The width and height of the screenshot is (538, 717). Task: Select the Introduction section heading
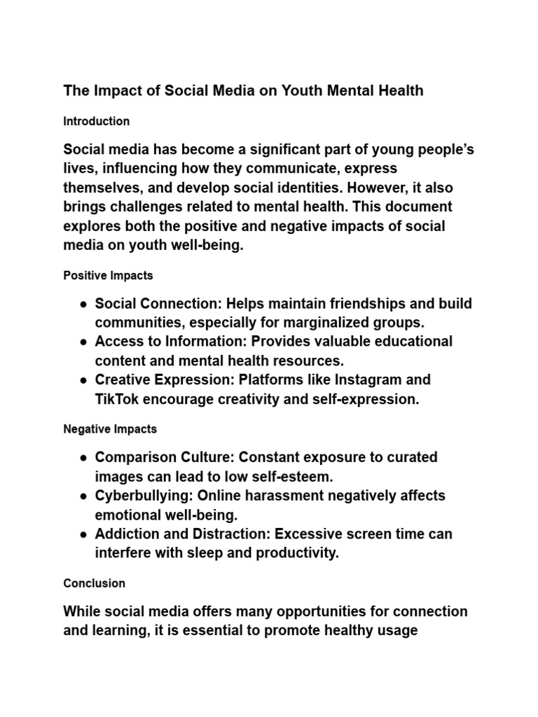point(96,121)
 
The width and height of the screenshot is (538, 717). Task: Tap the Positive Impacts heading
point(108,275)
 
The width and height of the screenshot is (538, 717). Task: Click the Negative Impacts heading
point(110,429)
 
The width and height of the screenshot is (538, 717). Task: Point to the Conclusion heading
point(94,583)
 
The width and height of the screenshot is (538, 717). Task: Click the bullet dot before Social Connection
point(83,305)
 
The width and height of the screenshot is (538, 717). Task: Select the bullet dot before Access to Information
point(83,342)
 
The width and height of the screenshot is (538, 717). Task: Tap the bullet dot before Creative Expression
point(83,381)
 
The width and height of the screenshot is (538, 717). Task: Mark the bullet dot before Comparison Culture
point(83,458)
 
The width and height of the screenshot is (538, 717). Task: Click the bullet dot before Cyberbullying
point(83,496)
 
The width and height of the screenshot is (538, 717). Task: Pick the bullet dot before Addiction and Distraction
point(83,535)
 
